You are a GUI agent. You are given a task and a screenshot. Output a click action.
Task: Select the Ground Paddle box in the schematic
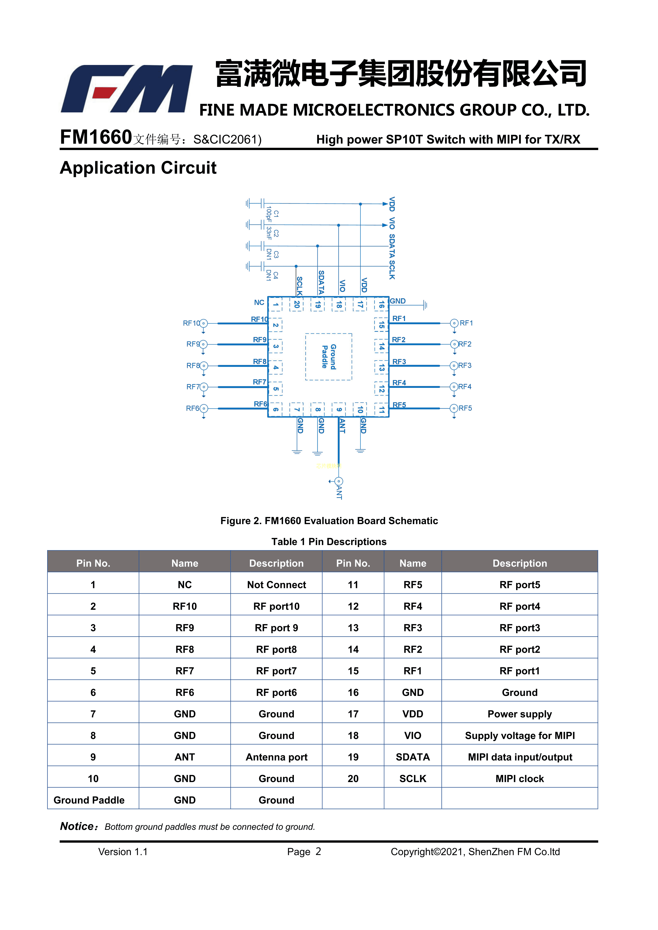[329, 357]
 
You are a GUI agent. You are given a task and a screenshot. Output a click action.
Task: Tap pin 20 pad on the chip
[297, 304]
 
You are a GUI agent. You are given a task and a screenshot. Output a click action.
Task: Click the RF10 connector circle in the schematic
[203, 323]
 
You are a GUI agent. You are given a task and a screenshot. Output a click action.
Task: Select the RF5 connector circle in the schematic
[454, 408]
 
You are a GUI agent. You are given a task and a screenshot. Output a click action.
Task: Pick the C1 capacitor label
[276, 213]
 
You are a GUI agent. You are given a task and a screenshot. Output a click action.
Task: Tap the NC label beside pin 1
[259, 302]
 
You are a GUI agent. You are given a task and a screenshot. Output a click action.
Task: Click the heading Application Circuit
[138, 168]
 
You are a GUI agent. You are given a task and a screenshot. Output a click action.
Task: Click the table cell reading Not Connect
[276, 585]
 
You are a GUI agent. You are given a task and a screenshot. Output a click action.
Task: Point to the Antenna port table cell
[276, 757]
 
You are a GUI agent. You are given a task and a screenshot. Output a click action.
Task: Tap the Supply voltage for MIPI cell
[520, 736]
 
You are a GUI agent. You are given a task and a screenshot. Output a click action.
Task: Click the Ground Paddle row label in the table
[89, 800]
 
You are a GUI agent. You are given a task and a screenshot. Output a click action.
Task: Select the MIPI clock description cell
[520, 779]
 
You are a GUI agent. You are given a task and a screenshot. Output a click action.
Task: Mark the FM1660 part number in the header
[96, 137]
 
